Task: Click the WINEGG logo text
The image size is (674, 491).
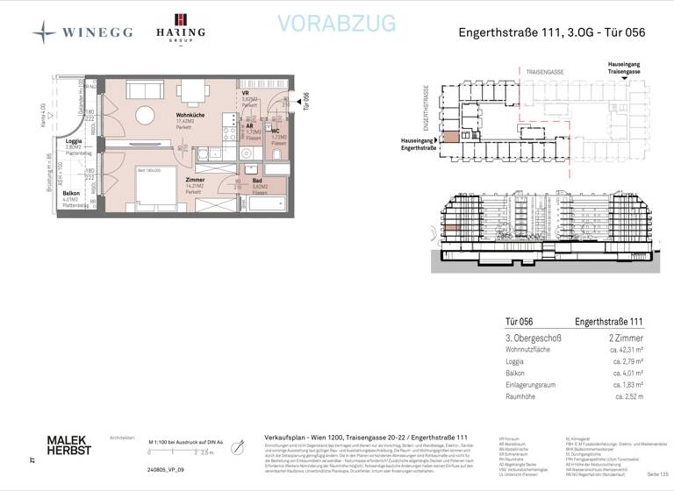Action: coord(97,32)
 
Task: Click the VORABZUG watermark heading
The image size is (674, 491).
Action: coord(336,24)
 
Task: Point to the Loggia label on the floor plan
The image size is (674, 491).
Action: coord(74,141)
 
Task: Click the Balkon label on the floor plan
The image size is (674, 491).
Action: coord(71,193)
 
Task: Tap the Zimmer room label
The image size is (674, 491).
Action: coord(195,180)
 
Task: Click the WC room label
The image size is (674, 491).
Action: coord(276,131)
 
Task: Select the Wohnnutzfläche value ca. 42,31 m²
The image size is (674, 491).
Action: coord(626,349)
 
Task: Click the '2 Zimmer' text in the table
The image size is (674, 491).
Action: coord(625,338)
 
